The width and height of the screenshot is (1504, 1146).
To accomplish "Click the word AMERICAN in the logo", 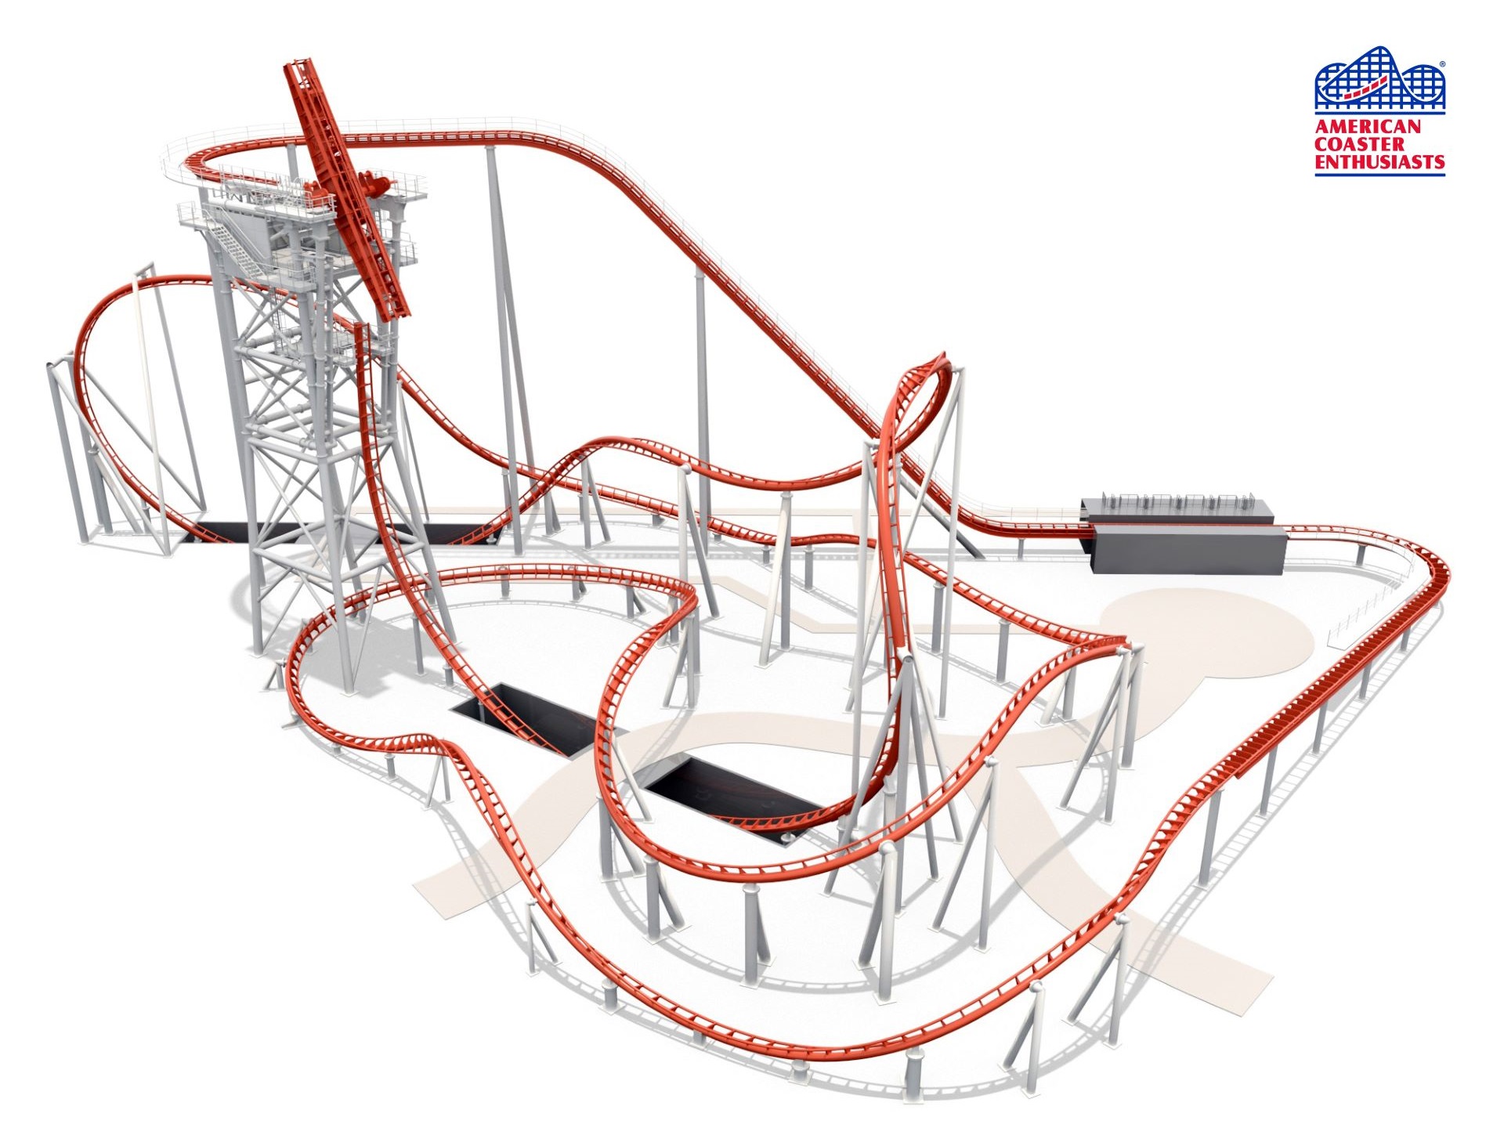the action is (x=1367, y=126).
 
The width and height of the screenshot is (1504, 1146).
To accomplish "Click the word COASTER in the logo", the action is (x=1360, y=144).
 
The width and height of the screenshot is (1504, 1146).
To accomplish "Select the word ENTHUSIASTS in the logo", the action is (x=1379, y=162).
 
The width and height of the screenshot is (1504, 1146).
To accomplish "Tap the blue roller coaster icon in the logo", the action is (x=1379, y=78).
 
